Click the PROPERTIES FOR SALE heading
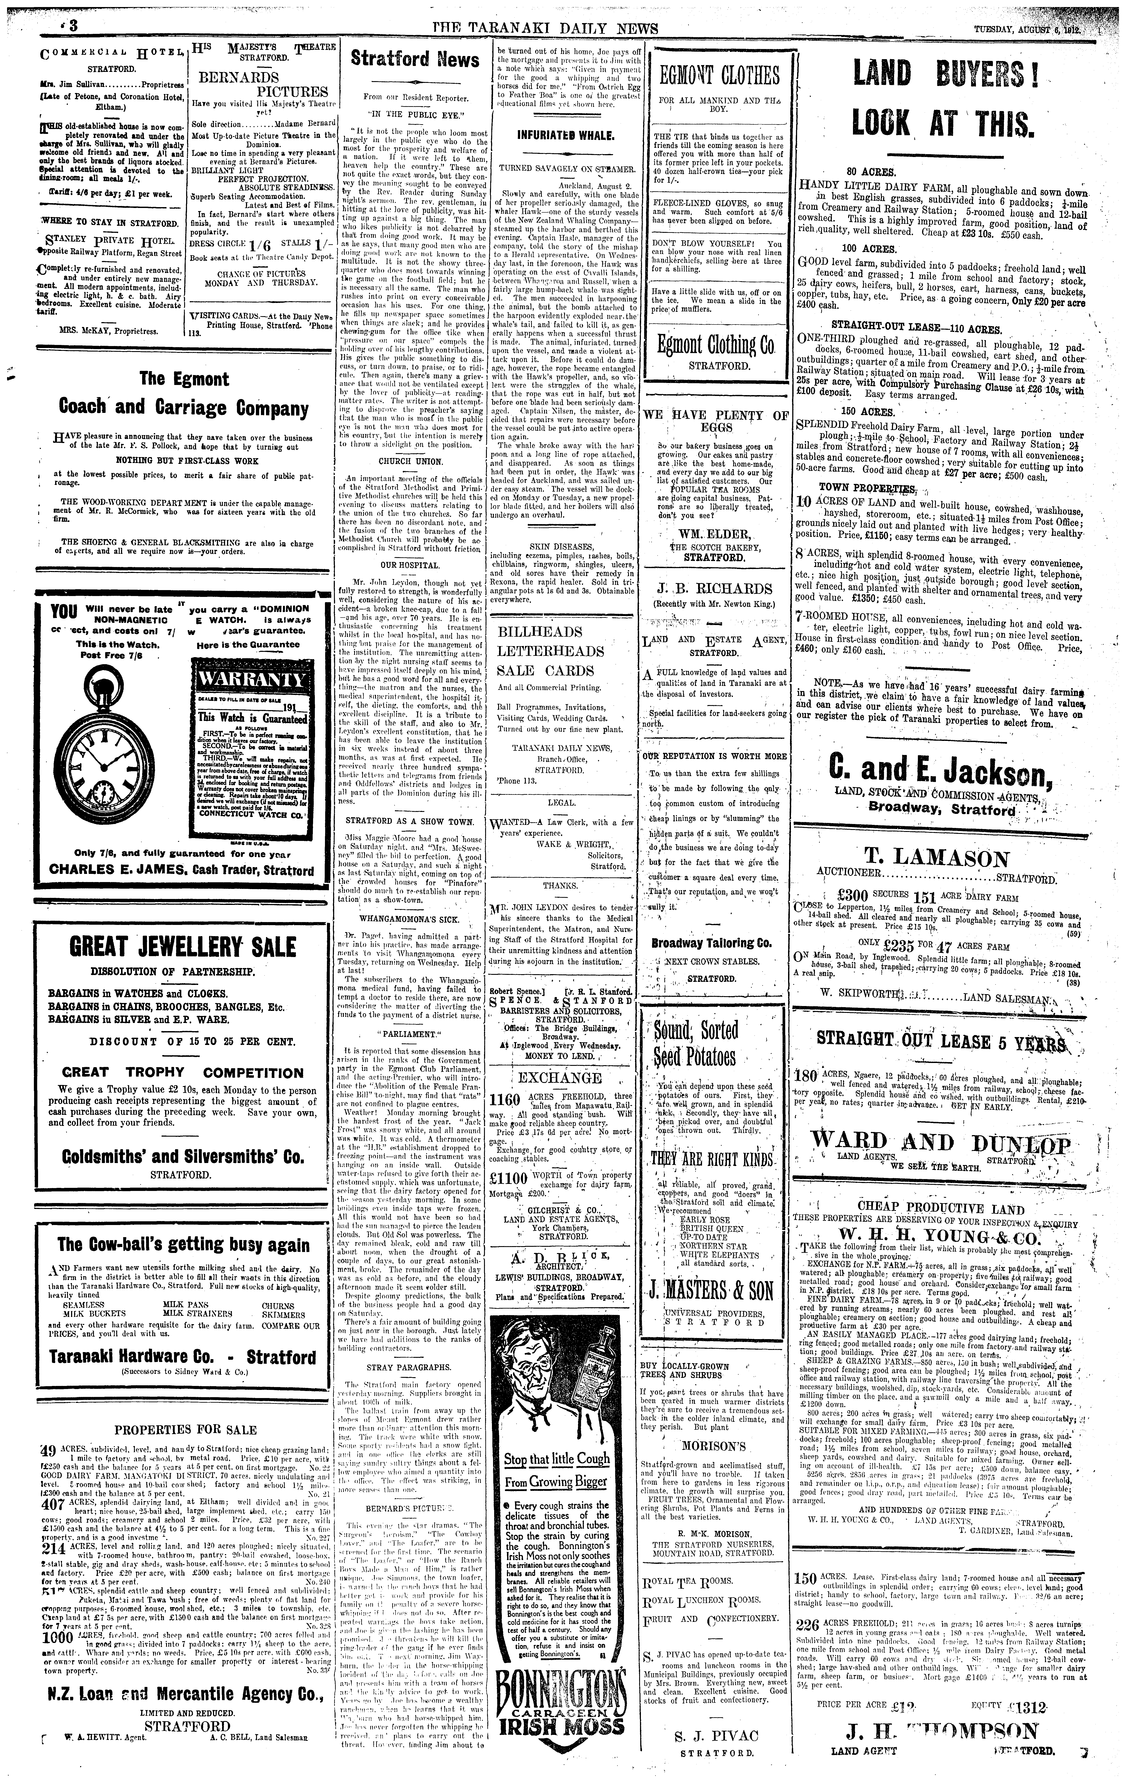[185, 1429]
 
